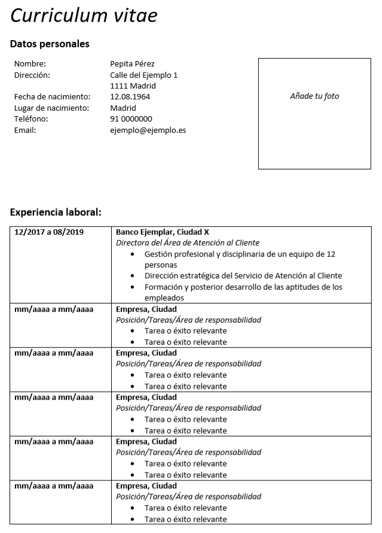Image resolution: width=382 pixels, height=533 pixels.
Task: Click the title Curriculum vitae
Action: [x=84, y=16]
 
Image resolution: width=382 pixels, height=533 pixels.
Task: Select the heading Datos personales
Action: [x=50, y=44]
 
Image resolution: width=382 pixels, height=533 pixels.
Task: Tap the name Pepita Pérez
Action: [x=132, y=64]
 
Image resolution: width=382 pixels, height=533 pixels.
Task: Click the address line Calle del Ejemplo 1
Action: [x=143, y=75]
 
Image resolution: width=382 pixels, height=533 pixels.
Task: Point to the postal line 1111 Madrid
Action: [x=133, y=86]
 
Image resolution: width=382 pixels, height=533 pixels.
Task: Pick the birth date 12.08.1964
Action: [x=130, y=97]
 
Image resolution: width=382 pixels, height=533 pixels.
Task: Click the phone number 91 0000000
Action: [x=131, y=119]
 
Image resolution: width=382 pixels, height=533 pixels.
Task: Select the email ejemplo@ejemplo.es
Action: [x=148, y=130]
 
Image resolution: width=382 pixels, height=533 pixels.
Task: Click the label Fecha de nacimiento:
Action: [x=52, y=97]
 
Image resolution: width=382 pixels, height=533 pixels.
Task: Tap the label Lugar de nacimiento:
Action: [x=51, y=108]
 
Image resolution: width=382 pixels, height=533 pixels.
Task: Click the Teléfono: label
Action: [x=31, y=119]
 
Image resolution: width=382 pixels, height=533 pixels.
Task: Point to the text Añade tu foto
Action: [x=314, y=96]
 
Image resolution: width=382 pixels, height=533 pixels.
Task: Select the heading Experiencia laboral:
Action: [x=56, y=211]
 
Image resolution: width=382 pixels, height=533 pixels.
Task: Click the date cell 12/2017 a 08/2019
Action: [x=49, y=232]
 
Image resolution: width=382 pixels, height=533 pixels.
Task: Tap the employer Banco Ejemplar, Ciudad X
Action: [x=162, y=232]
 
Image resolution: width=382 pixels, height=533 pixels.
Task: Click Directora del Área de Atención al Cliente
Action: [x=187, y=243]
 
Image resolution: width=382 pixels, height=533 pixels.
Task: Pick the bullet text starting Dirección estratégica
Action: [x=243, y=275]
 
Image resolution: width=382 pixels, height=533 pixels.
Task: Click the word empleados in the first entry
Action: [x=164, y=298]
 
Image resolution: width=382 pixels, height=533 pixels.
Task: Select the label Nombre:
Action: [x=30, y=64]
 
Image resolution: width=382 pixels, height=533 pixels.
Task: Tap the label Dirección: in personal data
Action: [x=32, y=75]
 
